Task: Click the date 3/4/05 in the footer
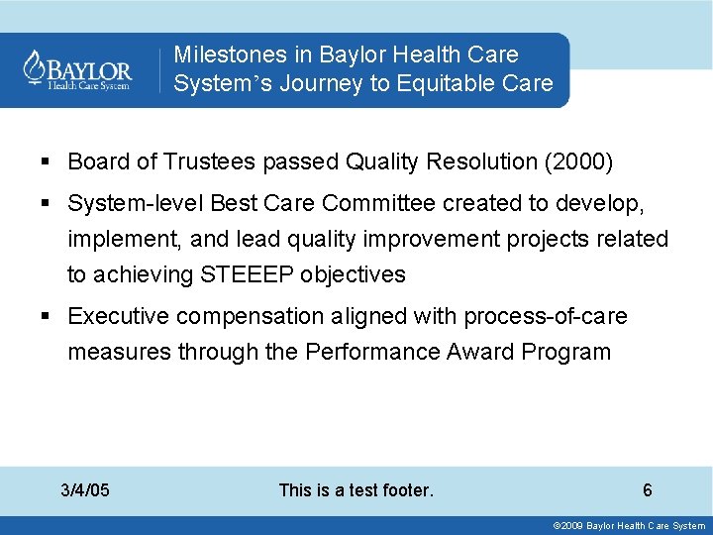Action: click(85, 489)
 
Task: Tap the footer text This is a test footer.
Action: click(356, 489)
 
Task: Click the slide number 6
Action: click(647, 489)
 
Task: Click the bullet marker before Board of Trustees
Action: click(46, 160)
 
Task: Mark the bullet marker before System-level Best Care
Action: click(46, 203)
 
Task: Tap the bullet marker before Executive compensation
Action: click(46, 316)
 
